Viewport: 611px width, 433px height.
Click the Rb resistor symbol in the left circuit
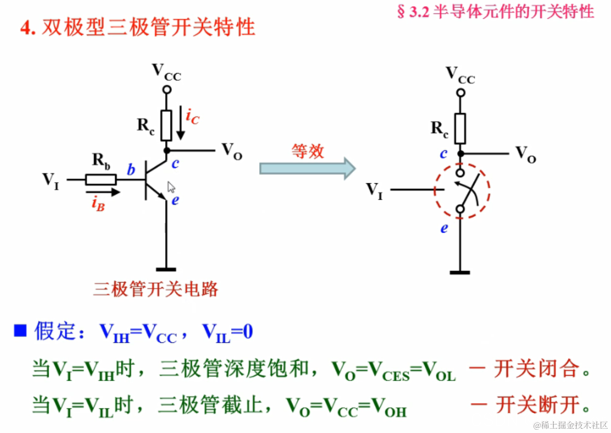pos(101,180)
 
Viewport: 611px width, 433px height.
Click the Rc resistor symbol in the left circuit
pos(166,125)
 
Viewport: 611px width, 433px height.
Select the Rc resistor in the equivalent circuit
pos(460,128)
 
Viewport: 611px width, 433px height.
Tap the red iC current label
pos(192,116)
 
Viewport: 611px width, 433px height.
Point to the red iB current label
pos(98,204)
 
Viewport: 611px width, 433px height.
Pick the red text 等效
pos(307,151)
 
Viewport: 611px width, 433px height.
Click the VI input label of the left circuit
pos(51,180)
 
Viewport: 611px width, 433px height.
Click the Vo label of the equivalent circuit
pos(525,154)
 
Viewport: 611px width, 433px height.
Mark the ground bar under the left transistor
pos(166,269)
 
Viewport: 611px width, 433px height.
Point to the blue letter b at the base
pos(131,170)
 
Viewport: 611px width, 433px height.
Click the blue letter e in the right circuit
pos(444,228)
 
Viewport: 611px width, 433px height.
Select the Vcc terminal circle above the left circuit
pos(167,90)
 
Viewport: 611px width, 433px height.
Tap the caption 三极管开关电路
pos(156,289)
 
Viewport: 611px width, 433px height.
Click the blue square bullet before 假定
pos(20,331)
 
